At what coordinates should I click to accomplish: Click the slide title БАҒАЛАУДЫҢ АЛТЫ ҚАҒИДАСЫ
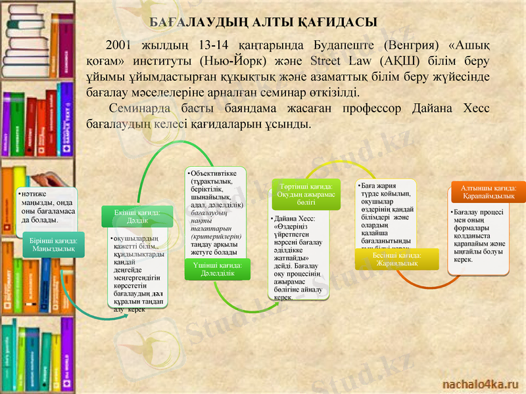click(x=263, y=22)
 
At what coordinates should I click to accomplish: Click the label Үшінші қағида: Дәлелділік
click(x=217, y=269)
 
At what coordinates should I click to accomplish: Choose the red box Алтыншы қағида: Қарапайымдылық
click(x=489, y=192)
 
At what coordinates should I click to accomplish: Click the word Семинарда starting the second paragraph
click(x=139, y=108)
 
